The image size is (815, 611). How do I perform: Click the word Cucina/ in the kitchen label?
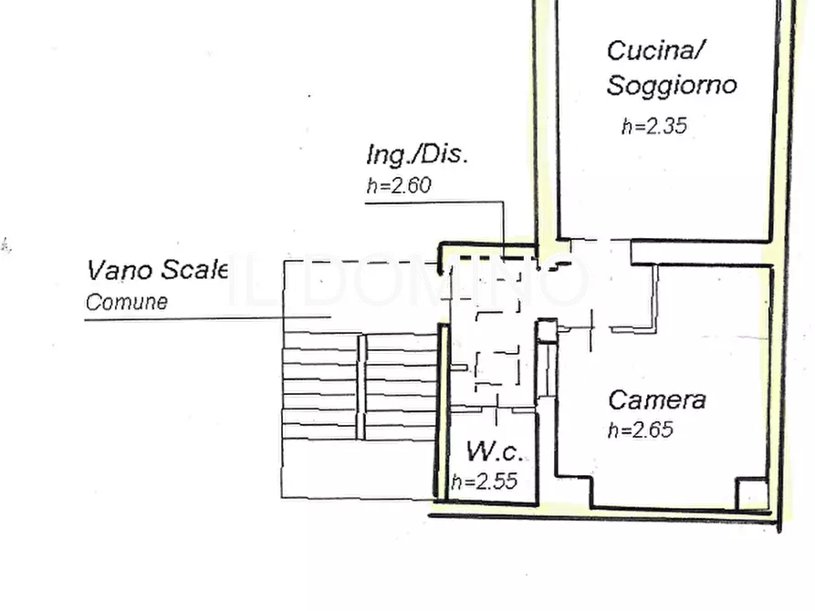click(655, 51)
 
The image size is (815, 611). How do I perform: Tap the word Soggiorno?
click(672, 85)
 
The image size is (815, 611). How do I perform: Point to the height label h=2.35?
click(654, 126)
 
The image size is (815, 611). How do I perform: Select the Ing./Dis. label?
click(417, 155)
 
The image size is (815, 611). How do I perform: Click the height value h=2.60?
click(399, 185)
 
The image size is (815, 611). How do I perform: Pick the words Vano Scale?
click(157, 270)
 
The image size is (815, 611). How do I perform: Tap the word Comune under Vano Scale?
click(127, 302)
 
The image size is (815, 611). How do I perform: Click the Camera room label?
click(657, 400)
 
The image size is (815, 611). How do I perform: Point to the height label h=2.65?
click(641, 430)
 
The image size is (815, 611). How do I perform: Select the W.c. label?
click(495, 451)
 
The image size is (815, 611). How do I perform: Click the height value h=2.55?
click(485, 482)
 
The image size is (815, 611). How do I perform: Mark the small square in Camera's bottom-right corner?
click(752, 494)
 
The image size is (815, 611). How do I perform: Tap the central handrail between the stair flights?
click(361, 387)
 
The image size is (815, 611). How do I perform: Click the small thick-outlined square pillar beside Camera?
click(547, 331)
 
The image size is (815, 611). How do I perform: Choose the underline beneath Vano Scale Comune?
click(208, 318)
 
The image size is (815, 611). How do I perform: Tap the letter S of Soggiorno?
click(616, 85)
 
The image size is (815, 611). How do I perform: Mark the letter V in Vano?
click(97, 270)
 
